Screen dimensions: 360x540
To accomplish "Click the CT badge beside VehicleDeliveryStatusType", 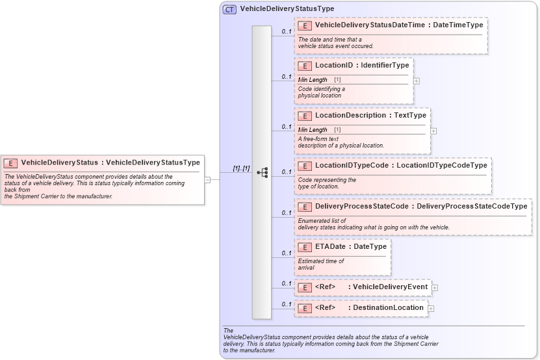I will point(229,9).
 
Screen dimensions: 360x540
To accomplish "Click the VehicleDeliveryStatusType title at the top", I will point(287,9).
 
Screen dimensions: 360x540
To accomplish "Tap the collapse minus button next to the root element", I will point(207,179).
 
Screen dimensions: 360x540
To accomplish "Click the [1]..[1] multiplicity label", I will point(241,168).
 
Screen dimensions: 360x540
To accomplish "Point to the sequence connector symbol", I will point(263,172).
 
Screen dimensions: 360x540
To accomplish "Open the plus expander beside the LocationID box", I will point(417,81).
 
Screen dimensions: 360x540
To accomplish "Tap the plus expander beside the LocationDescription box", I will point(433,131).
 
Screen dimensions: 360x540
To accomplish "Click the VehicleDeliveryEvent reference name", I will point(389,287).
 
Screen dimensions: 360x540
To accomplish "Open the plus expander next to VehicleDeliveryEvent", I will point(435,288).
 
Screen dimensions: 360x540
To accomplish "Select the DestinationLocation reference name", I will point(387,307).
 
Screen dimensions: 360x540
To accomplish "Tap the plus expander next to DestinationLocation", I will point(431,308).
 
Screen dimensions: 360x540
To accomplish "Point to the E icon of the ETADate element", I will point(304,247).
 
